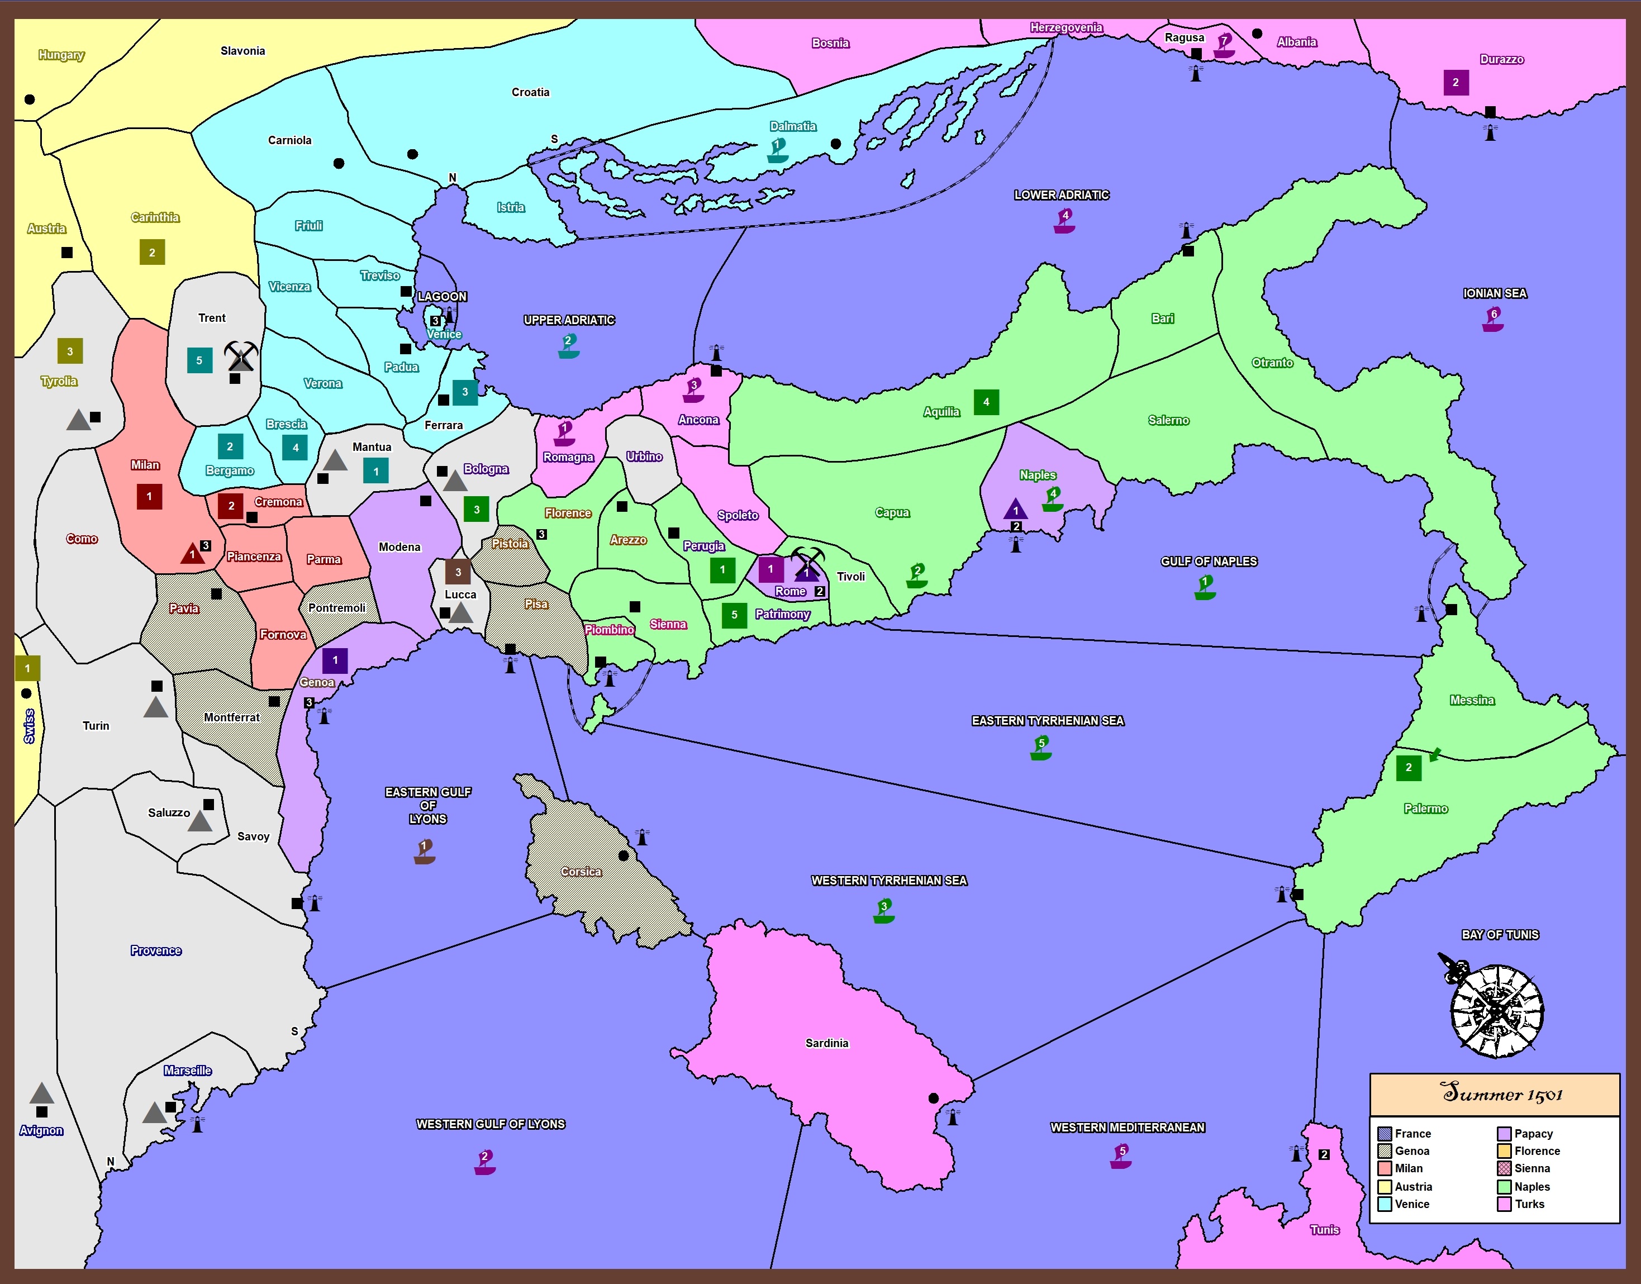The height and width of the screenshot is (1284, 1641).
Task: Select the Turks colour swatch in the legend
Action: (1504, 1204)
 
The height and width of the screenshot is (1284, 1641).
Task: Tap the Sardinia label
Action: (826, 1043)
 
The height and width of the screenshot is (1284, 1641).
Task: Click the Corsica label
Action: (581, 871)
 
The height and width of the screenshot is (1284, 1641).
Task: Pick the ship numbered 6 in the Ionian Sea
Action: (1493, 320)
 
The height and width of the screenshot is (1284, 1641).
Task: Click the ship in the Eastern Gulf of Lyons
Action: (425, 852)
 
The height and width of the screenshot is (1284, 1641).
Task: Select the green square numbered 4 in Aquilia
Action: (986, 402)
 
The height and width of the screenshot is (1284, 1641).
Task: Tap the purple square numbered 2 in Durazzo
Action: (1456, 83)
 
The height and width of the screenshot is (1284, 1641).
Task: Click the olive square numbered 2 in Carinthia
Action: (152, 253)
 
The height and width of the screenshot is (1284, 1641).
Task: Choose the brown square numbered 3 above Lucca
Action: (458, 572)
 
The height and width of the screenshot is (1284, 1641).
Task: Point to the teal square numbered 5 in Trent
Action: (199, 361)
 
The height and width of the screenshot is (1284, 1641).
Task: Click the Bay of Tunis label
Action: (1500, 934)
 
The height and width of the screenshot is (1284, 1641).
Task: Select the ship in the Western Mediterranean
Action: (1121, 1156)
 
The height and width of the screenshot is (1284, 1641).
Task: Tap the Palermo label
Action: (1425, 808)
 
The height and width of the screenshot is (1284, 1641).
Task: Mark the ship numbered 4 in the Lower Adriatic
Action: (1064, 221)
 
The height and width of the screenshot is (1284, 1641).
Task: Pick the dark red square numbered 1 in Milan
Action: (150, 496)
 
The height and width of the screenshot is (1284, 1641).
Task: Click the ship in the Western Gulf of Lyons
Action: (485, 1162)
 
